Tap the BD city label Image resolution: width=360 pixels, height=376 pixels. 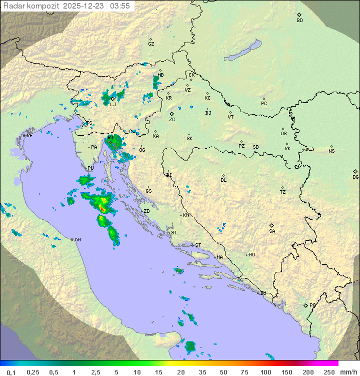pos(299,21)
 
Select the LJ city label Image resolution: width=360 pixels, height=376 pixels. pos(113,104)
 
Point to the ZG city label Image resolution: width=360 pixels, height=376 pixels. pos(172,120)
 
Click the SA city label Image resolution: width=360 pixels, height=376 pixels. pos(272,231)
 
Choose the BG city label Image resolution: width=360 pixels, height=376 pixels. pos(355,177)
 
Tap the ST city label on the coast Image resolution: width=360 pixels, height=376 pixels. pos(198,245)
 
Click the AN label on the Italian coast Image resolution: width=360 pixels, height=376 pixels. pos(77,240)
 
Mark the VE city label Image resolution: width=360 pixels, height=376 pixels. pos(29,136)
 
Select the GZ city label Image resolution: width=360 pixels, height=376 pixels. pos(151,44)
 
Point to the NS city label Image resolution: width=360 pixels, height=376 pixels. pos(331,151)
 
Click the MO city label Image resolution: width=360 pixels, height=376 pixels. pos(251,255)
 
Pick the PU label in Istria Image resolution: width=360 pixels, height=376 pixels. pos(90,168)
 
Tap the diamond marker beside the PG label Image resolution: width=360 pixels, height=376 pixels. pos(305,305)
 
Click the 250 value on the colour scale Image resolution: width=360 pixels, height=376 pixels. pos(328,372)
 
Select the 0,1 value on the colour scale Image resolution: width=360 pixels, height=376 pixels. pos(11,372)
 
